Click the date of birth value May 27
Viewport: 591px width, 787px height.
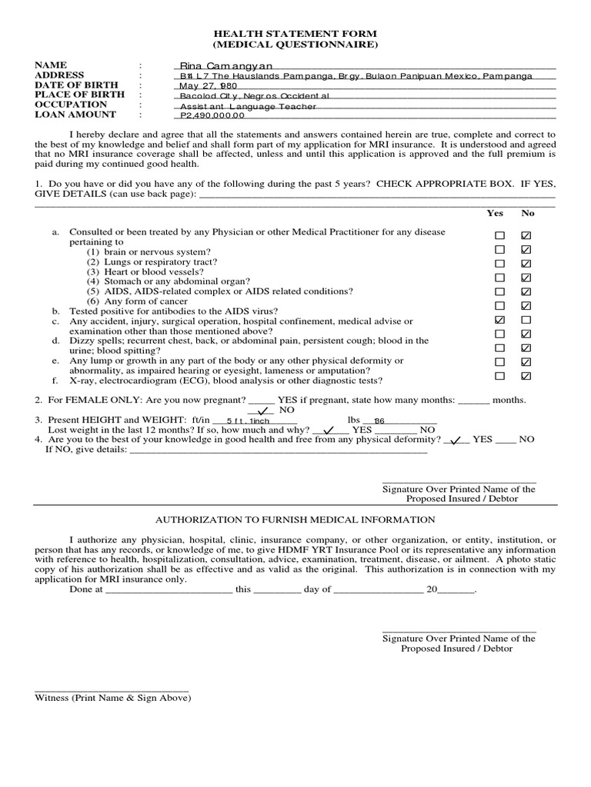point(206,87)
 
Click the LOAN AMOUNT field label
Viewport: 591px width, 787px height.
point(75,115)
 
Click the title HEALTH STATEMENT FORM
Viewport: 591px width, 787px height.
point(295,35)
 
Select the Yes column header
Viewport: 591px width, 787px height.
point(495,213)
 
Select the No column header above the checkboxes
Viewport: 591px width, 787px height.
point(528,213)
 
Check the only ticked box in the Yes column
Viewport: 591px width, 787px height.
point(500,319)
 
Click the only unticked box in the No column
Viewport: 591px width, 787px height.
point(526,319)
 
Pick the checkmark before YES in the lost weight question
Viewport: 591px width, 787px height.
point(330,430)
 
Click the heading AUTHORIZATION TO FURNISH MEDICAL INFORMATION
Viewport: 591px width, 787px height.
point(295,520)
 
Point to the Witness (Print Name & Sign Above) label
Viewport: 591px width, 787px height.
point(113,698)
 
